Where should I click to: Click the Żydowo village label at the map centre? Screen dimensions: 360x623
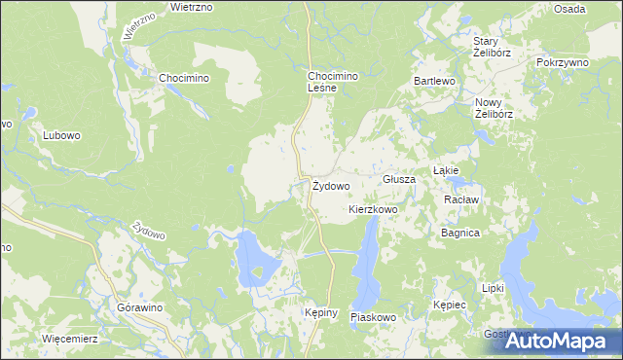(331, 185)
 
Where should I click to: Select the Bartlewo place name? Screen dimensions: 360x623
(434, 81)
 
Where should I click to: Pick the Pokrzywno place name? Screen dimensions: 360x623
(564, 61)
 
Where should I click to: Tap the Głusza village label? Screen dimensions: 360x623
(399, 180)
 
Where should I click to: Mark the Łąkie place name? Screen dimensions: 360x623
(446, 168)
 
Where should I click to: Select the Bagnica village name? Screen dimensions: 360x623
(460, 234)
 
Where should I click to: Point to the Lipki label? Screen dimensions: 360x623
(493, 288)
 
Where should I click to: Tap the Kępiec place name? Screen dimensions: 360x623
(451, 305)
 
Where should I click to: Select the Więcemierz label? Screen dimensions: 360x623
(70, 339)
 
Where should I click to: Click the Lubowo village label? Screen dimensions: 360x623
(60, 136)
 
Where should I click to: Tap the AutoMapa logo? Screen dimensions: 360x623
(558, 341)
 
